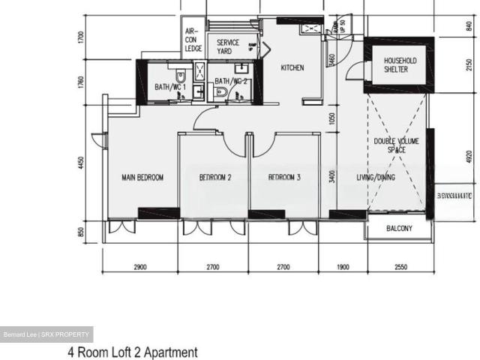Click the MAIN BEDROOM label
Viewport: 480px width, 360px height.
click(142, 178)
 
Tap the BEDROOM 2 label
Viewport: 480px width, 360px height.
click(214, 178)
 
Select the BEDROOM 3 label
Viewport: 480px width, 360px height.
click(285, 178)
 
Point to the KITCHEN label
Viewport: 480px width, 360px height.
click(292, 68)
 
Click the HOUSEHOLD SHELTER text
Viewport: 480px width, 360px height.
click(400, 65)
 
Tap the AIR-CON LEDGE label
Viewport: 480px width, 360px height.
click(193, 40)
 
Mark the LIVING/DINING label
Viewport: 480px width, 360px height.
click(376, 178)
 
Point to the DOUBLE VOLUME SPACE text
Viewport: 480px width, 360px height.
click(396, 145)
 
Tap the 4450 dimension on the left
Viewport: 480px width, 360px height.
click(84, 163)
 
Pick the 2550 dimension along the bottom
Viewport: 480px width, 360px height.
click(401, 266)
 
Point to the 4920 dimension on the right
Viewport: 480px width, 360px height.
click(469, 157)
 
